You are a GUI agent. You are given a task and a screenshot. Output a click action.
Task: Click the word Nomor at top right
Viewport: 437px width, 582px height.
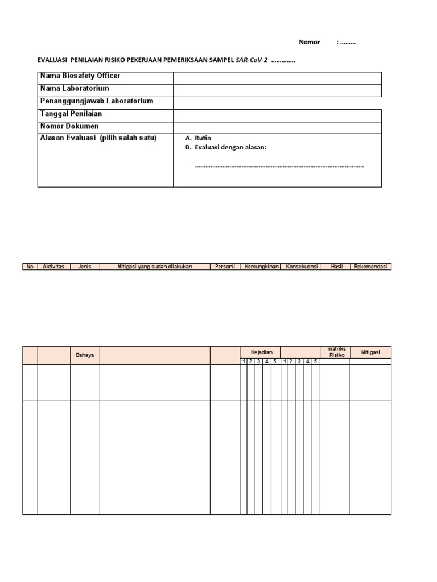point(310,43)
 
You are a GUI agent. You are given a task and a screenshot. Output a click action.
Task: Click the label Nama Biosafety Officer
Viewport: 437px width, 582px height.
point(80,76)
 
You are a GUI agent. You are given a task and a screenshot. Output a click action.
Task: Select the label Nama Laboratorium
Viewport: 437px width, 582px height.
point(75,89)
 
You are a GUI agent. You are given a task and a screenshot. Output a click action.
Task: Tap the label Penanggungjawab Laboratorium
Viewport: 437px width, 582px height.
point(97,101)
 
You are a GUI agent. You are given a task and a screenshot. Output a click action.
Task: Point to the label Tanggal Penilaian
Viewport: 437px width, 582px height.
point(71,114)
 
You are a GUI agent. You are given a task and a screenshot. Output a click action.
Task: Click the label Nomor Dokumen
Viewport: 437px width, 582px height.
point(69,126)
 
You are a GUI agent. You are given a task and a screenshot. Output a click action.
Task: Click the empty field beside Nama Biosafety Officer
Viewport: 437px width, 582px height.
point(277,77)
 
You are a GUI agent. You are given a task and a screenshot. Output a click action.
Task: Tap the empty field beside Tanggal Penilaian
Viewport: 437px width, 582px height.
point(277,114)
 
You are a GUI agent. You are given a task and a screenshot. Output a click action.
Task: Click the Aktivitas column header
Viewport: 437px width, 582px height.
point(54,267)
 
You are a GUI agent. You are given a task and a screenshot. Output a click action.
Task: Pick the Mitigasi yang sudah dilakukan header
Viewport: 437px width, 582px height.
point(155,267)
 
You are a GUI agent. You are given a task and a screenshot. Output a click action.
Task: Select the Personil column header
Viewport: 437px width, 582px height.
point(226,267)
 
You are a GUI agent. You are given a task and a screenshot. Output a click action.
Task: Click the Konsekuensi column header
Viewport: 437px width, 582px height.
point(301,267)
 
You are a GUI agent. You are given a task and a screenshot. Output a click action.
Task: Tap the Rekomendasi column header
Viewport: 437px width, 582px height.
point(370,267)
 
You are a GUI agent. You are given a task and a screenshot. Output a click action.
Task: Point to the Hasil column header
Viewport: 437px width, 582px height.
point(336,267)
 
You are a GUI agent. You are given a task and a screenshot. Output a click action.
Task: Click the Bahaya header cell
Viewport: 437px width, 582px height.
point(85,355)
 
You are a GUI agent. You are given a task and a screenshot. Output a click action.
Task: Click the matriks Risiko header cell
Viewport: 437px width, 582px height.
point(334,352)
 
